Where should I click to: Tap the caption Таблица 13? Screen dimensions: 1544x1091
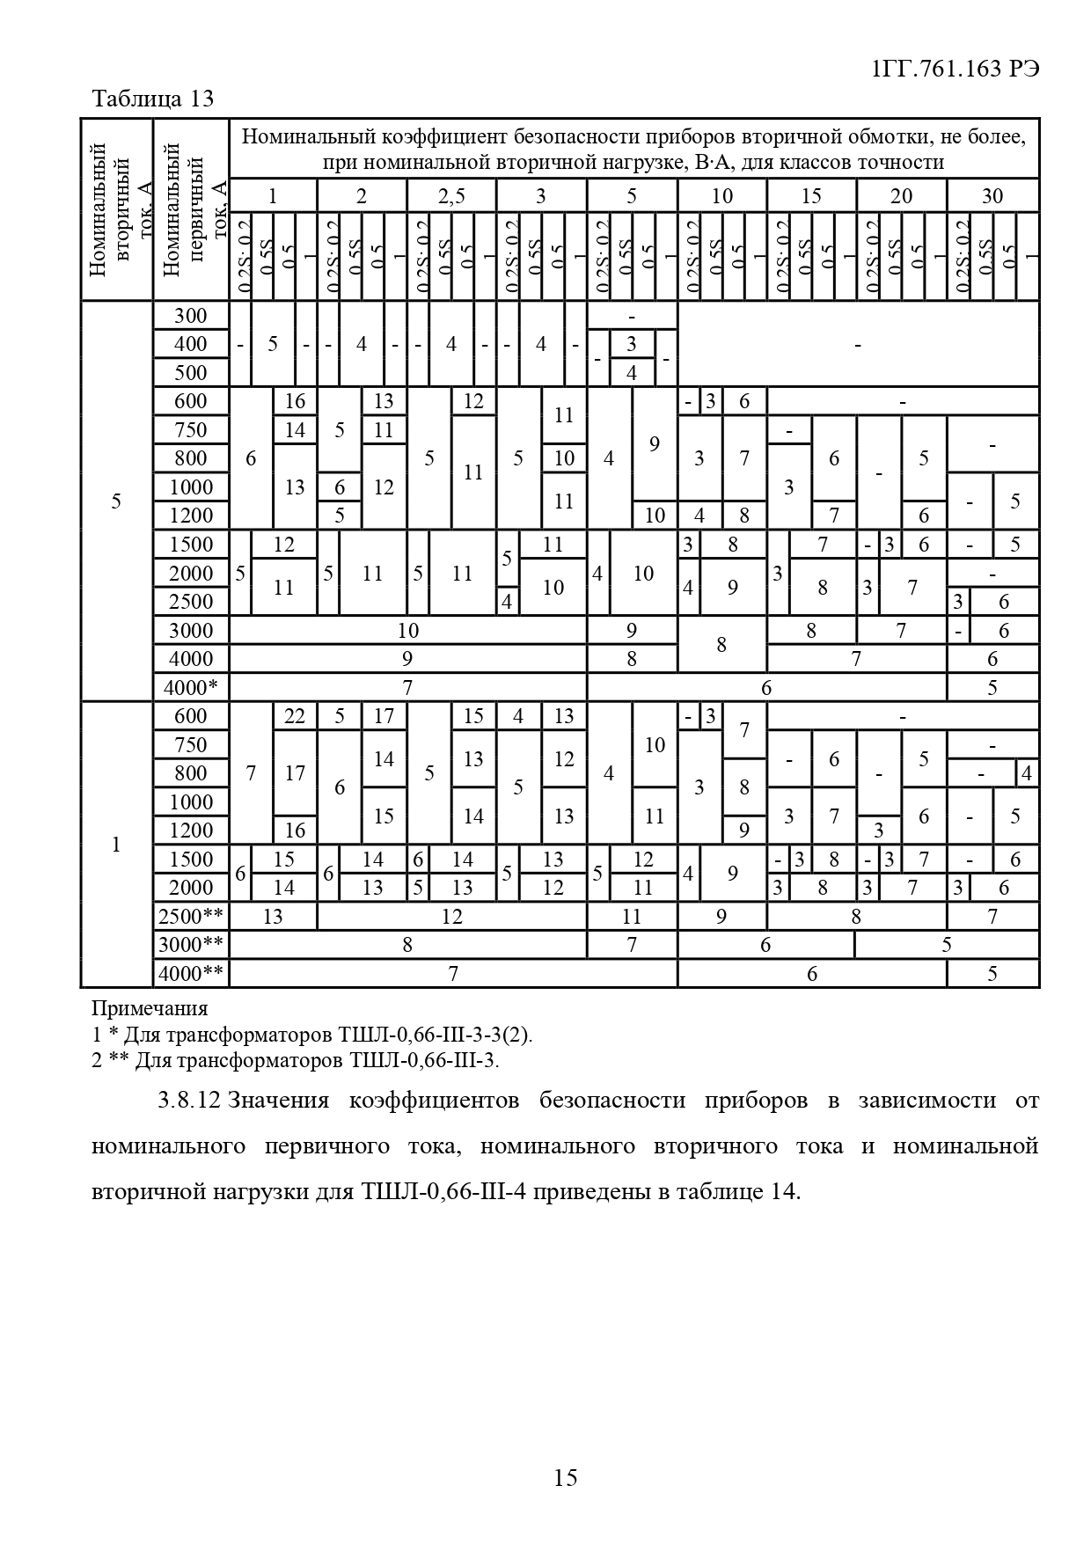pyautogui.click(x=152, y=99)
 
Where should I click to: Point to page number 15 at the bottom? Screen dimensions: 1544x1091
pyautogui.click(x=565, y=1477)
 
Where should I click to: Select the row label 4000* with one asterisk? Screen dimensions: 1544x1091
pyautogui.click(x=190, y=687)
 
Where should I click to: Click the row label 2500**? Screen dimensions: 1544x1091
pyautogui.click(x=190, y=917)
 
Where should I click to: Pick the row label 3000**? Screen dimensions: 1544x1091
pyautogui.click(x=190, y=945)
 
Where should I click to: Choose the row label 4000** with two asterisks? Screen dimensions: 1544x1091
pyautogui.click(x=190, y=974)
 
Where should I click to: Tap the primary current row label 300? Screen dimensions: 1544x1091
pyautogui.click(x=190, y=316)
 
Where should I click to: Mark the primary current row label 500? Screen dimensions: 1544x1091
pyautogui.click(x=190, y=373)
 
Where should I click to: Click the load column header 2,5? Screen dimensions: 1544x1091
pyautogui.click(x=451, y=196)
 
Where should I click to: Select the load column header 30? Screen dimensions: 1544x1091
pyautogui.click(x=992, y=196)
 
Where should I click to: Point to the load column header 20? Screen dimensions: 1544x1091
pyautogui.click(x=901, y=196)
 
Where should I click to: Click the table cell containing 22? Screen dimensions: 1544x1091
pyautogui.click(x=294, y=716)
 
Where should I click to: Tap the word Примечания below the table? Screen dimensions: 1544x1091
pyautogui.click(x=150, y=1009)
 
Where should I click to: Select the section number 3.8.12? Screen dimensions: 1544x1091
pyautogui.click(x=188, y=1101)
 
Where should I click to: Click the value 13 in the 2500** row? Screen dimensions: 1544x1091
pyautogui.click(x=273, y=917)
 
